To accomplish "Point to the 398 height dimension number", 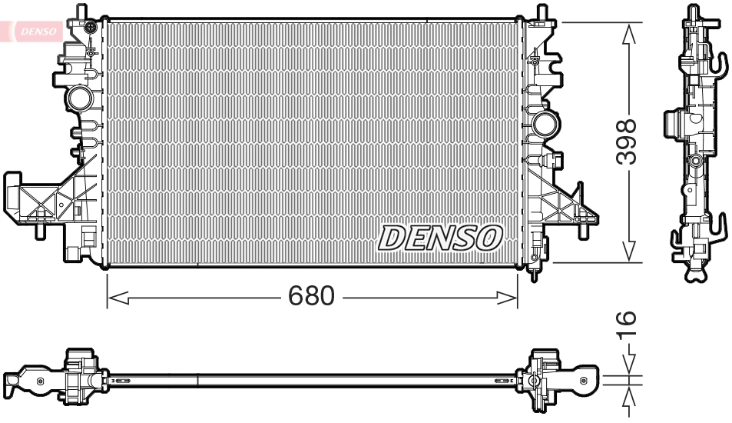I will pyautogui.click(x=629, y=142).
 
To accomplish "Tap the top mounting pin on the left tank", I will pyautogui.click(x=81, y=11).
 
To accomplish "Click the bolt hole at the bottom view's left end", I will pyautogui.click(x=15, y=380).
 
